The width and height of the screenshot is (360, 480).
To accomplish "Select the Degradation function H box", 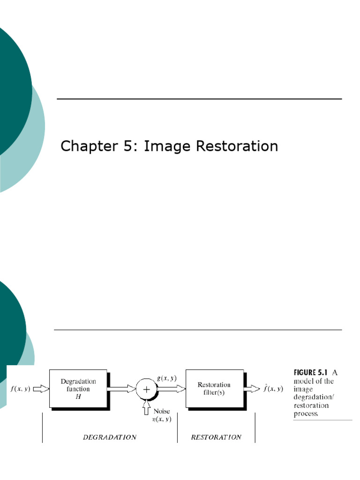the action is pos(78,389).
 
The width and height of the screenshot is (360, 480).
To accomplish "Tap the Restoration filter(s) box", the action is pos(214,389).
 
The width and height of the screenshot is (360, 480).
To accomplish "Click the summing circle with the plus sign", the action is pos(146,389).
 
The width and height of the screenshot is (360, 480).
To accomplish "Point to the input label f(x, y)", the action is pos(20,389).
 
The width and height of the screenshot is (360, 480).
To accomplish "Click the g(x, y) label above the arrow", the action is pos(166,378).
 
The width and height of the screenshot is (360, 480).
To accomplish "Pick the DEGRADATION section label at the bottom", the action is pos(110,437).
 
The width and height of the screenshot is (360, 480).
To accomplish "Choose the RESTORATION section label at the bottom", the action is pos(216,437).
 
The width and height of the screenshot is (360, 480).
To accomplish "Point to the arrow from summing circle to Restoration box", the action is pos(171,389).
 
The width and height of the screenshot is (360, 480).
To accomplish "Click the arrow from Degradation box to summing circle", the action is pos(121,389).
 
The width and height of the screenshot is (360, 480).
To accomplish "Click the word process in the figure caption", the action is pos(306,414).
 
